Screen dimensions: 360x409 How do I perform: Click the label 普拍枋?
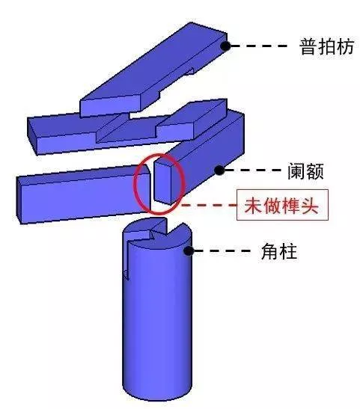point(326,47)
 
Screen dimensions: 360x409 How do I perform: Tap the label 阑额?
point(305,171)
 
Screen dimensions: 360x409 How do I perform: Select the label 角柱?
point(279,251)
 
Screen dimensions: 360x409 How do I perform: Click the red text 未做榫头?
point(281,206)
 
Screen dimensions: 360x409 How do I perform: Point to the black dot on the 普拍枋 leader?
point(225,46)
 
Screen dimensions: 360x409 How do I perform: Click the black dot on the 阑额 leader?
point(219,170)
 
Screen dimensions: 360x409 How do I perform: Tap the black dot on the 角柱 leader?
point(189,251)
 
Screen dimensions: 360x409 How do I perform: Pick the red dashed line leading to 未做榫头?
point(210,206)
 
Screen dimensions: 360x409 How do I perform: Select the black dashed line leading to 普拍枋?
point(259,46)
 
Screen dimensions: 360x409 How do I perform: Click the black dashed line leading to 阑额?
point(253,170)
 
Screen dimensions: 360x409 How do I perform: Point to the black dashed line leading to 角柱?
point(222,251)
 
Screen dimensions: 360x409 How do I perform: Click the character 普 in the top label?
point(308,47)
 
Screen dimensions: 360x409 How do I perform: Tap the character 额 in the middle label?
point(315,171)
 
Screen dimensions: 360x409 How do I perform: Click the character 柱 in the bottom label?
point(288,251)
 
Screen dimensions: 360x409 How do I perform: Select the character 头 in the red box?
point(310,206)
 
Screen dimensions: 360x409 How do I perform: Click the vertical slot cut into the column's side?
point(126,259)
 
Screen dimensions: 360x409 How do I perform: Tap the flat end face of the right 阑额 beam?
point(162,183)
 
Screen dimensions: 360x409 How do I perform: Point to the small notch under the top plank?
point(189,72)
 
